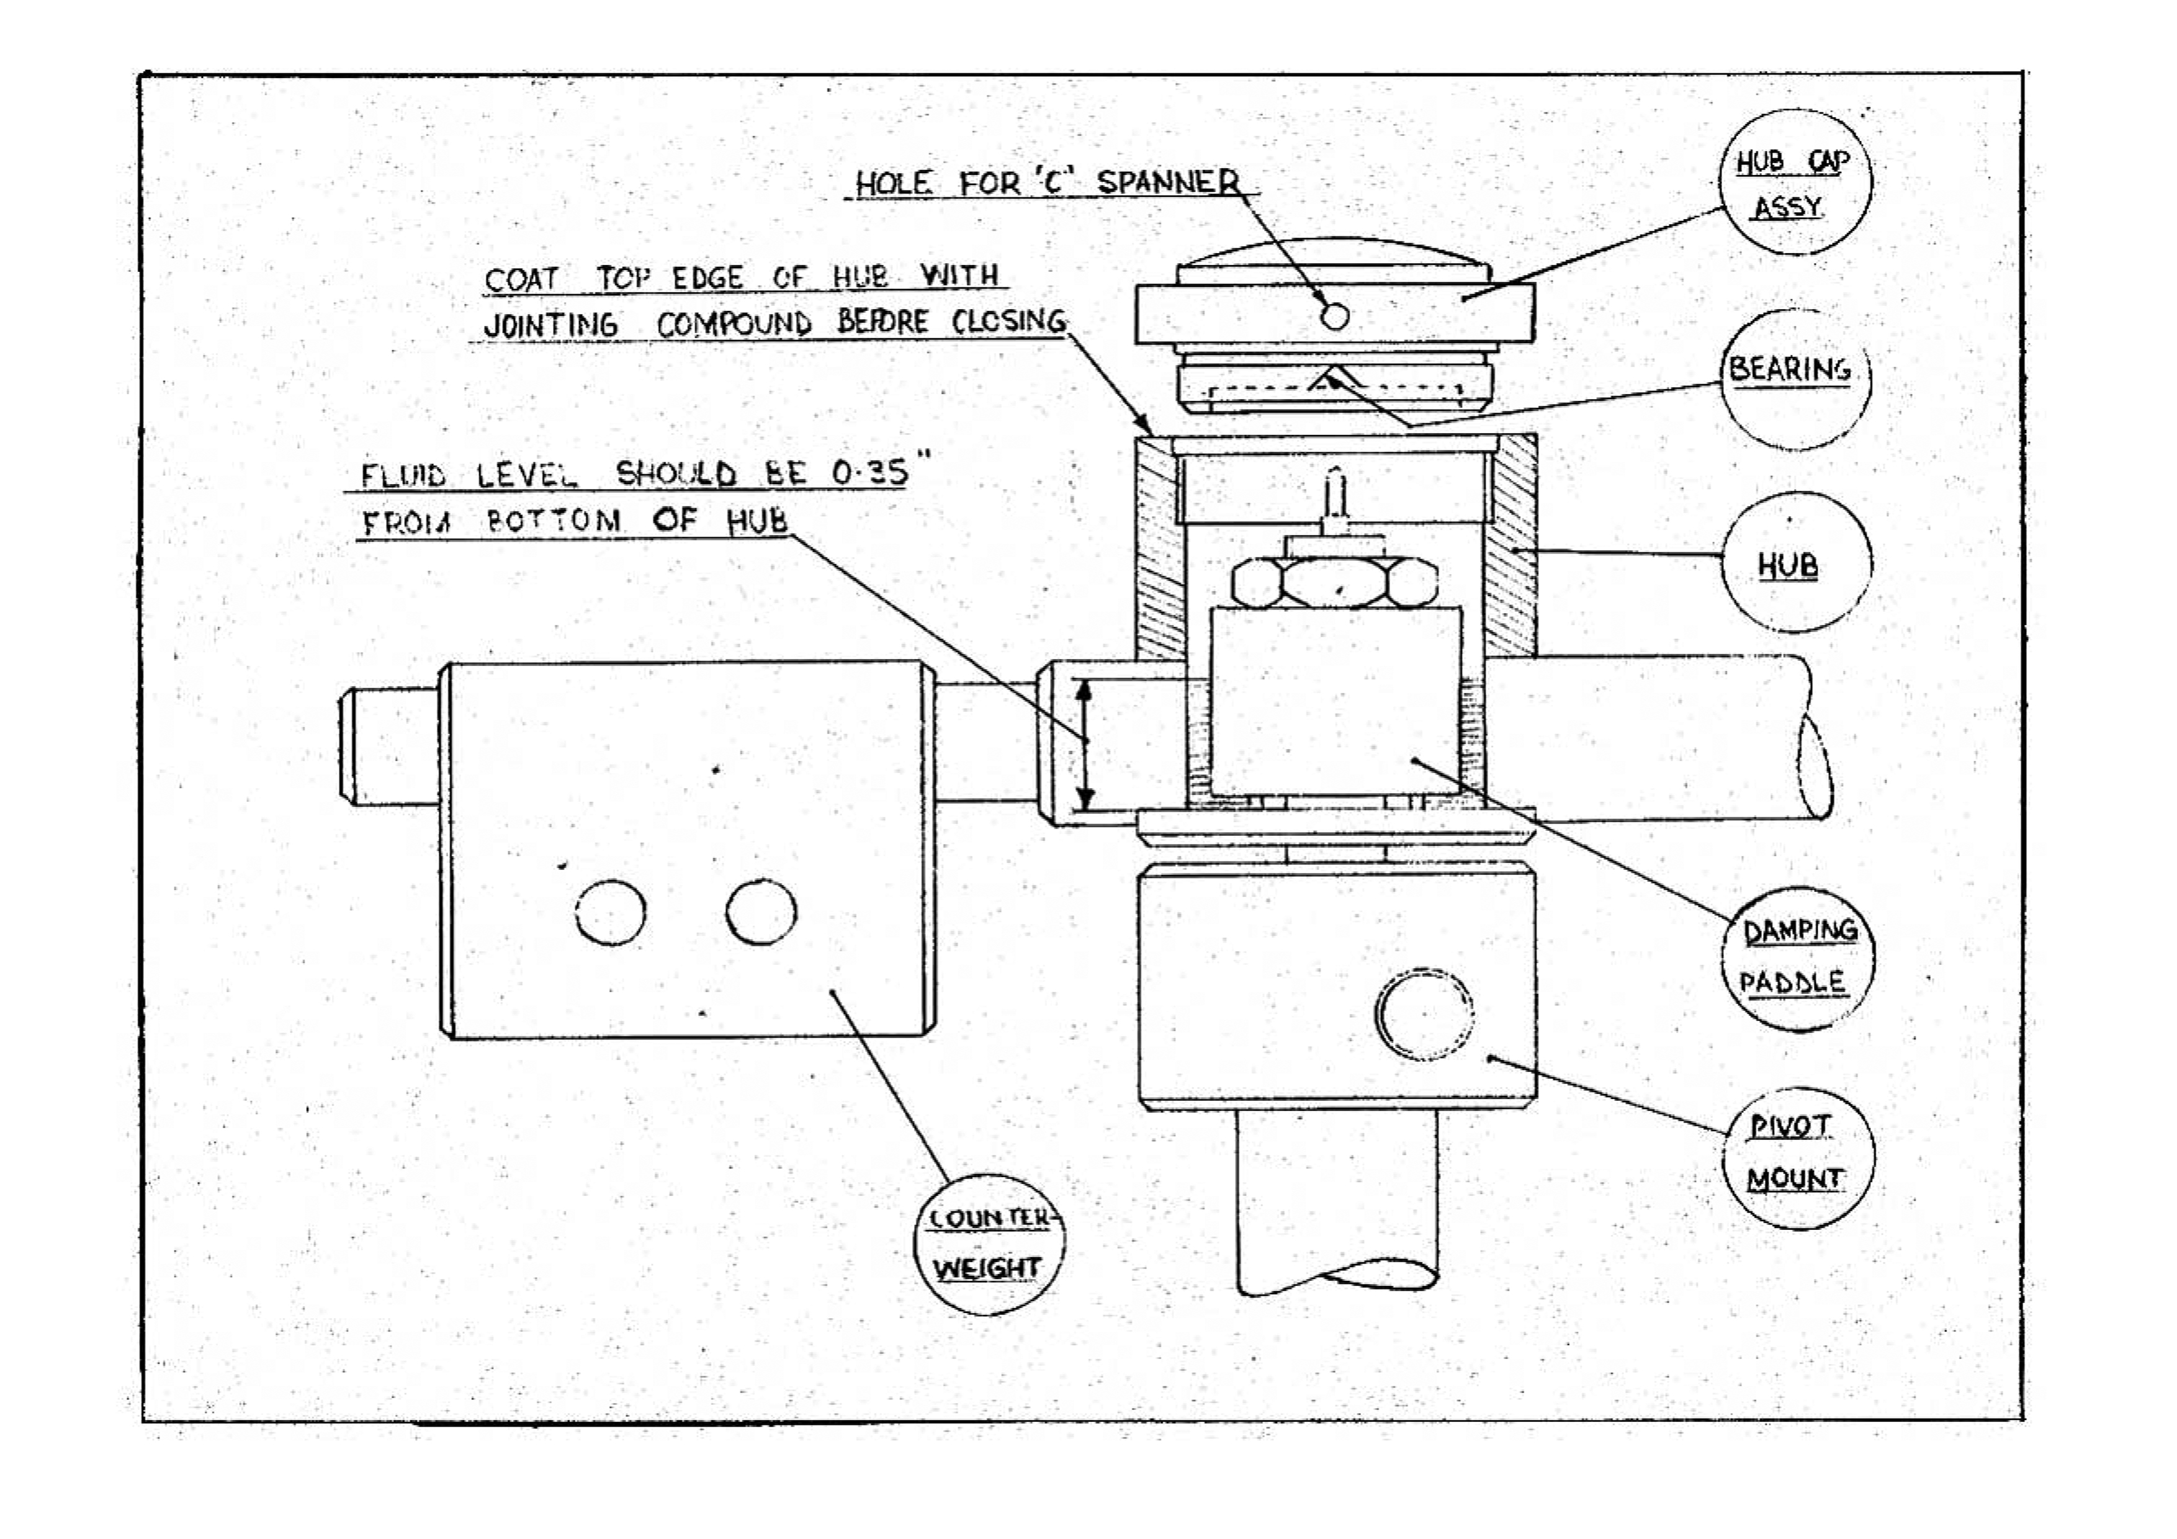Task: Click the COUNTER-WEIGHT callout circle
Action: coord(988,1243)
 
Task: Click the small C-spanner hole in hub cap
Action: coord(1334,315)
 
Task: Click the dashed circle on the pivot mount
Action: coord(1423,1013)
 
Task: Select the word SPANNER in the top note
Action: coord(1168,181)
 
